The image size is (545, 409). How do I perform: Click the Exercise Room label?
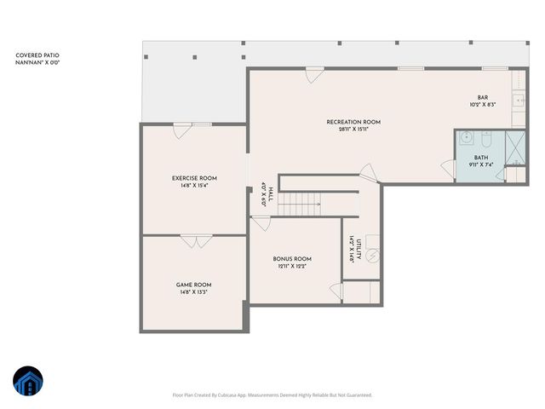click(194, 178)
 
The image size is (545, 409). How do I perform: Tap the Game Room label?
click(194, 285)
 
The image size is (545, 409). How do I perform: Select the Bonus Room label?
click(292, 259)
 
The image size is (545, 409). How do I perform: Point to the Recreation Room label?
click(353, 122)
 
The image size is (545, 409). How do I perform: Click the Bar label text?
click(482, 98)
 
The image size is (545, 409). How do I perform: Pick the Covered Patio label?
click(37, 55)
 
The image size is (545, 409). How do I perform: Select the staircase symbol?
click(299, 204)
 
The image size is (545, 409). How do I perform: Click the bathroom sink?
click(466, 138)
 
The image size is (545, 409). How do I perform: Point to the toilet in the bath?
click(489, 138)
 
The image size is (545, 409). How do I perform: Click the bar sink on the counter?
click(519, 101)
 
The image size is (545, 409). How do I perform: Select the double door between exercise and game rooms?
click(193, 241)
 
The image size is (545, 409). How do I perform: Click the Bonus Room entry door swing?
click(261, 222)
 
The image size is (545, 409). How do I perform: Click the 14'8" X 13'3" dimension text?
click(194, 292)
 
